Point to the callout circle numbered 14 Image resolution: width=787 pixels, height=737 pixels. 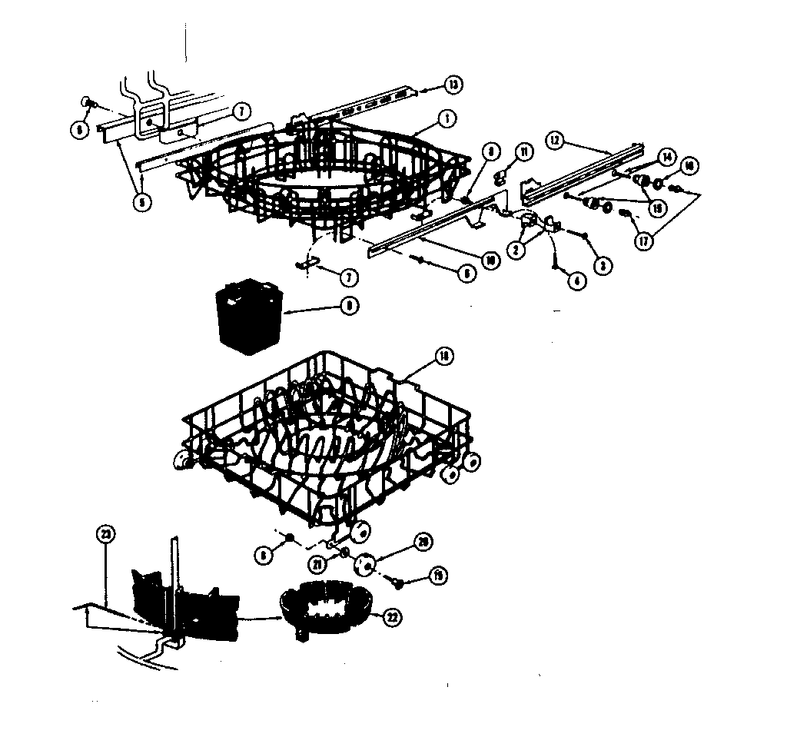tap(666, 157)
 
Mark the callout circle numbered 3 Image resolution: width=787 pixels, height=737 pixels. tap(604, 265)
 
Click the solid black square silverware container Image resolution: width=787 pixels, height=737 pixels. tap(251, 316)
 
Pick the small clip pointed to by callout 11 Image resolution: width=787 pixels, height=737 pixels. tap(500, 179)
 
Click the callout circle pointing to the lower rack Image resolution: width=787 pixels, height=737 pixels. tap(444, 355)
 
